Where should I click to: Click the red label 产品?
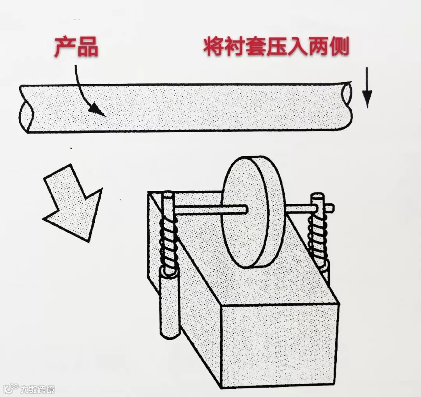pos(76,47)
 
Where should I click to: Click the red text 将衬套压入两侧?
pos(276,47)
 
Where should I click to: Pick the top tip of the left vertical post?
pos(168,194)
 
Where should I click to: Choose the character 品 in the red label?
pos(88,47)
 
